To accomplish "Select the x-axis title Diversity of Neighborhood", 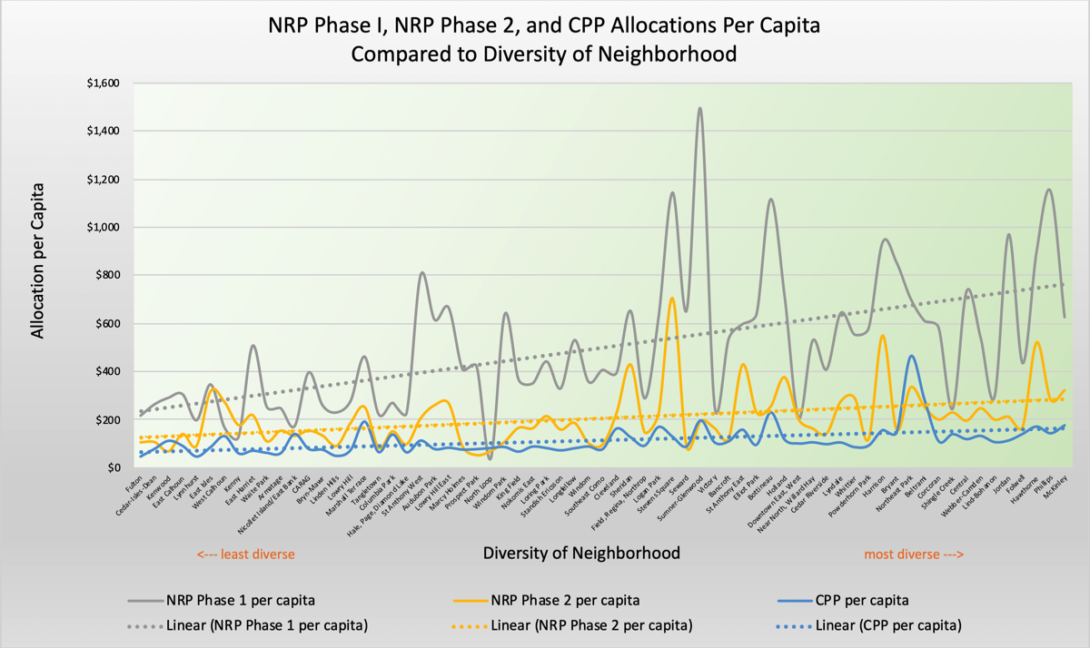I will pos(581,553).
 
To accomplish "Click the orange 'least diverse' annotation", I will pos(246,554).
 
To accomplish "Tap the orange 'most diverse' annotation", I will pos(913,554).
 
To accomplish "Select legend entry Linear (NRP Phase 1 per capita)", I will pos(268,624).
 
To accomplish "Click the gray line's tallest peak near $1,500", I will pos(699,108).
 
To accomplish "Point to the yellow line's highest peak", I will pos(671,299).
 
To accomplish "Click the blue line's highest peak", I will pos(911,356).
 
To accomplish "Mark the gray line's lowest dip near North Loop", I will pos(490,458).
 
